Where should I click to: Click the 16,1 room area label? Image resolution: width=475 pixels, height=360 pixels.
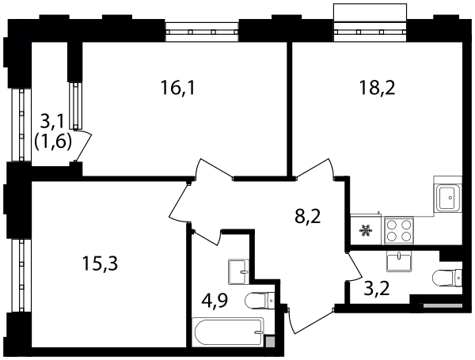[x=178, y=88]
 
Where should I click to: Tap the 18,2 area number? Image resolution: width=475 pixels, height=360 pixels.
[x=377, y=88]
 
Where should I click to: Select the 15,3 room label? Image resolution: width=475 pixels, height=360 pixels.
[x=100, y=263]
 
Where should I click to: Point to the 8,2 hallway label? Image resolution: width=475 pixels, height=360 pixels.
[x=307, y=217]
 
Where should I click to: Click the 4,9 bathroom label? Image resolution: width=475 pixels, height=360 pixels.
[x=215, y=301]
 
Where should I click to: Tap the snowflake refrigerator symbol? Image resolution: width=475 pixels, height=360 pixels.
[x=366, y=231]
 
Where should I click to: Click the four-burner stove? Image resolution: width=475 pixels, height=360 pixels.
[x=399, y=230]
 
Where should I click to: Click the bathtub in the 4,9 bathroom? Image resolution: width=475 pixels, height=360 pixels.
[x=230, y=332]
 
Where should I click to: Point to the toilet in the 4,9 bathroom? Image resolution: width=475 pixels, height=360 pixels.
[x=260, y=301]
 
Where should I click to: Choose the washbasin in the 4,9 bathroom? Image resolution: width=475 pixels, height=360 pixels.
[x=239, y=271]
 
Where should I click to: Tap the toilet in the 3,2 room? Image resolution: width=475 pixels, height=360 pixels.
[x=447, y=278]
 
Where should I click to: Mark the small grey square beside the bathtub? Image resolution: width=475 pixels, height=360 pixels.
[x=270, y=341]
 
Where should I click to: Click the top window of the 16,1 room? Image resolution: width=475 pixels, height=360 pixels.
[x=202, y=31]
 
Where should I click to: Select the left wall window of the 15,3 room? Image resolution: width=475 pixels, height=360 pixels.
[x=21, y=275]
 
